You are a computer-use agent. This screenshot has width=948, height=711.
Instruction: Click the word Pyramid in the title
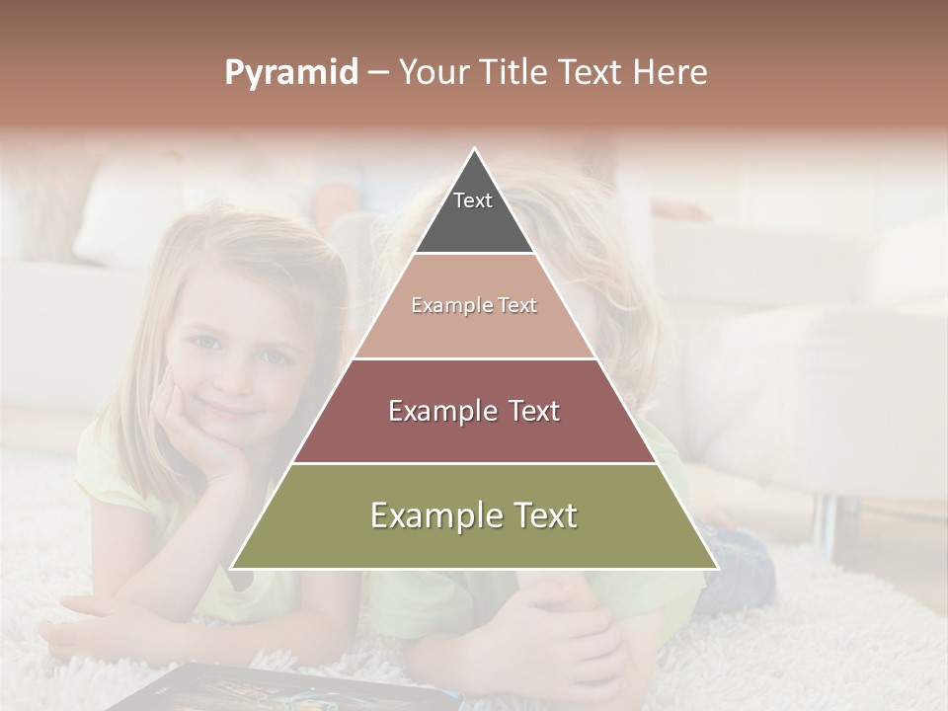(291, 73)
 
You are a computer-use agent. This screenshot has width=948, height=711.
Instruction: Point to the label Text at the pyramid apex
(473, 200)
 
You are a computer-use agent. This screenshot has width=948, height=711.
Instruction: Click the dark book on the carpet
(197, 691)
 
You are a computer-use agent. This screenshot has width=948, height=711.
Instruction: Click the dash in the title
(378, 73)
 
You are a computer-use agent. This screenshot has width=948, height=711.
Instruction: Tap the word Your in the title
(433, 73)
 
